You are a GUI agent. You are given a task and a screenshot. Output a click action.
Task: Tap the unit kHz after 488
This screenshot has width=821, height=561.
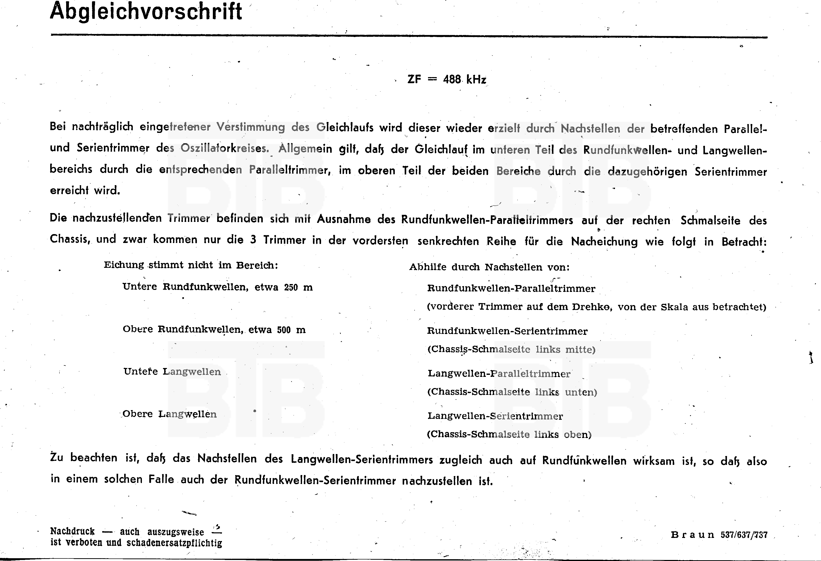(x=476, y=80)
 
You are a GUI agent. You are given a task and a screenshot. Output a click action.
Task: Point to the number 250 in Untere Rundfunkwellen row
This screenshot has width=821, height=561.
(x=291, y=287)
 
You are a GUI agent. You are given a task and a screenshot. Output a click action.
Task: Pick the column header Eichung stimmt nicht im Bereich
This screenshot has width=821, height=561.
(x=191, y=265)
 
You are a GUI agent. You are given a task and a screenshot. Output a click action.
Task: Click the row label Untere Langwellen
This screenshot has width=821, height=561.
(x=172, y=372)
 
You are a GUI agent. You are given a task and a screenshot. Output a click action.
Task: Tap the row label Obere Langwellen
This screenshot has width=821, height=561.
(x=170, y=414)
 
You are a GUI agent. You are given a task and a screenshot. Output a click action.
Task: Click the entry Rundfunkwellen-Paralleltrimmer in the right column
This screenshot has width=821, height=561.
(x=511, y=288)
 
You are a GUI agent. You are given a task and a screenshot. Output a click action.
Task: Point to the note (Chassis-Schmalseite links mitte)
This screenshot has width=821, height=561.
(x=511, y=349)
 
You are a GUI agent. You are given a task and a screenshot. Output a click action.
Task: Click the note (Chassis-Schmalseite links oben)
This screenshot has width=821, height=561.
(x=509, y=434)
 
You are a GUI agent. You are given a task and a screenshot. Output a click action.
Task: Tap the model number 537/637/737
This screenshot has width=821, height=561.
(x=744, y=535)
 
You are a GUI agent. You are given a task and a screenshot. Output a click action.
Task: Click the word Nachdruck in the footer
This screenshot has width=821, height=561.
(x=72, y=531)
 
